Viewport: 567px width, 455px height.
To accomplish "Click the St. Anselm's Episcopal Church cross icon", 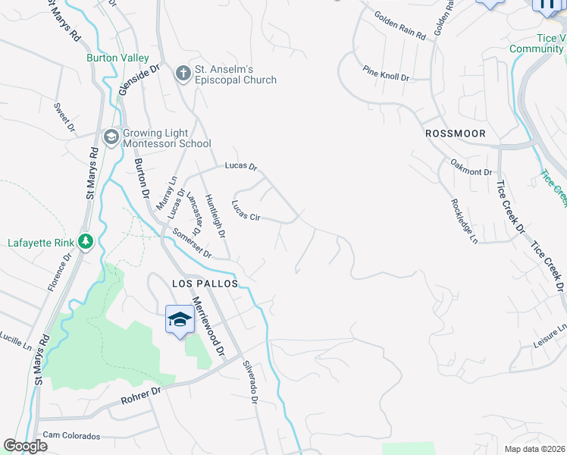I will click(182, 74).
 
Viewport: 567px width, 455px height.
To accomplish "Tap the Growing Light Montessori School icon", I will click(111, 136).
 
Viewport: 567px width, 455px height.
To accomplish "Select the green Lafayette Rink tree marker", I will click(86, 243).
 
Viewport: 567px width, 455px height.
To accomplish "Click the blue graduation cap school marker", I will click(180, 319).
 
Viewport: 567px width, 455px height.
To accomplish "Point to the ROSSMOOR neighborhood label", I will click(455, 133).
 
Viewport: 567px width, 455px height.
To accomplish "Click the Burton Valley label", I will click(117, 58).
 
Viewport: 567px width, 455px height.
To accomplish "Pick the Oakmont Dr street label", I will click(471, 167).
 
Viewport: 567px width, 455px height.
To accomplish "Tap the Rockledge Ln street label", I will click(463, 221).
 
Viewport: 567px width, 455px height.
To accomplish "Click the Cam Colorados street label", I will click(71, 436).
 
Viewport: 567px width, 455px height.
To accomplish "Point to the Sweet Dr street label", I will click(63, 117).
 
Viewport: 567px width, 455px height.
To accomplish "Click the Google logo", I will click(26, 446).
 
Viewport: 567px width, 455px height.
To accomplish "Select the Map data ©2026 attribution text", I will click(534, 449).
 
